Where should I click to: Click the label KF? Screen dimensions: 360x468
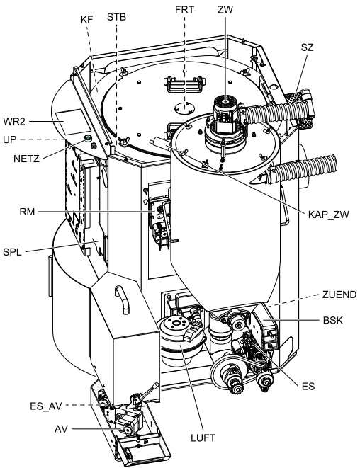pos(86,20)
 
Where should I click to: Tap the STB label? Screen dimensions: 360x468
pos(116,17)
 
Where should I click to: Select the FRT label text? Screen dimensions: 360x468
pos(184,10)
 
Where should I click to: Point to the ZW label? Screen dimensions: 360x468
pos(225,10)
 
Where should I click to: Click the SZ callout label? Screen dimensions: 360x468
pos(307,47)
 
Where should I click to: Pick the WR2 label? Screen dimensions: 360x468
pos(14,122)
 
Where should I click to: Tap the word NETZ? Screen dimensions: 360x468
pos(26,159)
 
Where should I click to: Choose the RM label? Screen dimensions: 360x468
pos(27,212)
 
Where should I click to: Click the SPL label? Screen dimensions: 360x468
pos(12,252)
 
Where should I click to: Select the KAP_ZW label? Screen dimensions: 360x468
pos(328,215)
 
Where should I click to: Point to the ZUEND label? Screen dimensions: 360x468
pos(339,295)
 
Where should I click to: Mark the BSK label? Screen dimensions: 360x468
pos(333,321)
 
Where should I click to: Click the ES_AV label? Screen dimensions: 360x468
pos(46,406)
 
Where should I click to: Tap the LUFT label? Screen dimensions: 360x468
pos(203,438)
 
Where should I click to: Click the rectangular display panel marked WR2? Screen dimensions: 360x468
pos(72,122)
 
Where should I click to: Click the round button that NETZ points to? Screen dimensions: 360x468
pos(88,138)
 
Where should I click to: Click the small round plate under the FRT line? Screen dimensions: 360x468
pos(184,108)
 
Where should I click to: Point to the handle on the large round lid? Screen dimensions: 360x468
pos(185,84)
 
